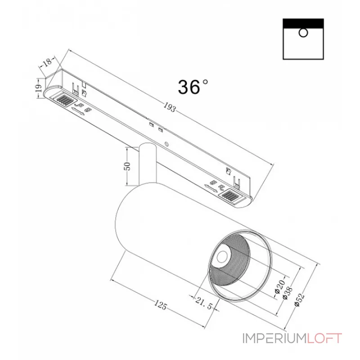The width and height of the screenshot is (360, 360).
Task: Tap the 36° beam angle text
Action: pos(193,87)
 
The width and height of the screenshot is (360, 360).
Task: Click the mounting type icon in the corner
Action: pos(303,39)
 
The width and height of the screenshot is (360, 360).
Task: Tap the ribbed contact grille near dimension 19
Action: pos(65,99)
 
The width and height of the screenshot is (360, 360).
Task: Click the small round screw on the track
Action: pos(167,144)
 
